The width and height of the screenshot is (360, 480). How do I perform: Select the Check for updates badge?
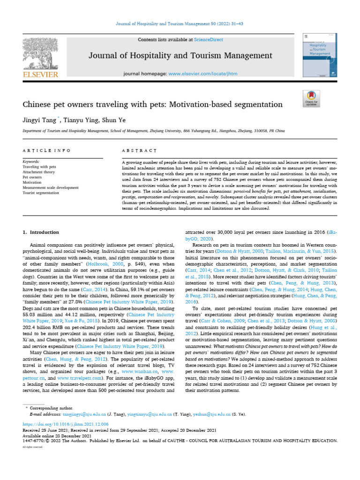click(x=312, y=99)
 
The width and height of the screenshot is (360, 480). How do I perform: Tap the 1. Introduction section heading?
click(x=41, y=232)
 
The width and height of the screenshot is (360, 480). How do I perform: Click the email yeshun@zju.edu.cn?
click(x=215, y=414)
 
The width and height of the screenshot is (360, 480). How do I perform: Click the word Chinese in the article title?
click(x=38, y=104)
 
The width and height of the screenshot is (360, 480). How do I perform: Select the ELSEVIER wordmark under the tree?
click(x=40, y=74)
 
